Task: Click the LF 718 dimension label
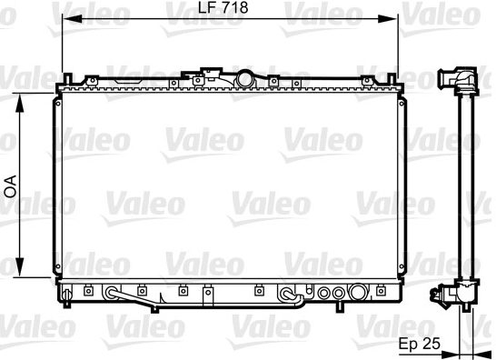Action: pyautogui.click(x=223, y=7)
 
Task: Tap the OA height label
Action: pyautogui.click(x=10, y=186)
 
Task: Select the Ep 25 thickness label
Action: pyautogui.click(x=419, y=344)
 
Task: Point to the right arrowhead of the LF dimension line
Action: pyautogui.click(x=388, y=19)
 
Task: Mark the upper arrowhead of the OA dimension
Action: pyautogui.click(x=20, y=103)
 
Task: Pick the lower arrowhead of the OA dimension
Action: pyautogui.click(x=20, y=267)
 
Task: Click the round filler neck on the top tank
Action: pyautogui.click(x=244, y=79)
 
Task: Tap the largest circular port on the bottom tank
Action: pyautogui.click(x=358, y=291)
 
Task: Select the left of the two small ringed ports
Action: pyautogui.click(x=324, y=293)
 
